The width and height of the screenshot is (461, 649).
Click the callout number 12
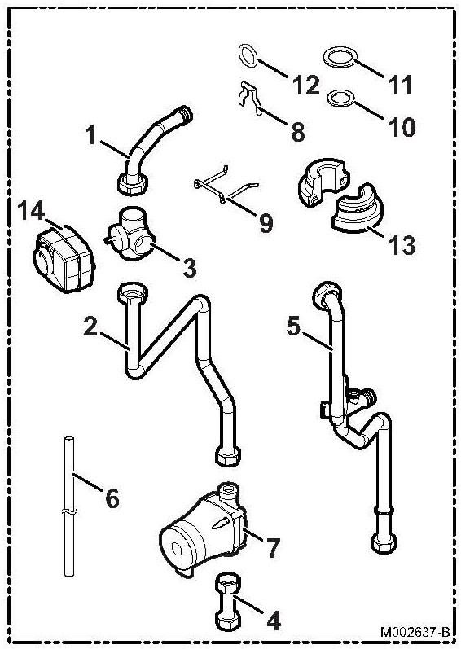[305, 85]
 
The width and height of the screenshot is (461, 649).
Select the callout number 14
[31, 211]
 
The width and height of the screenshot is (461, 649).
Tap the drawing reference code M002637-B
[415, 632]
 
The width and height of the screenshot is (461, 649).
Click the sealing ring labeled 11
[339, 57]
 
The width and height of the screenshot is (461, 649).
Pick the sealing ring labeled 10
[341, 99]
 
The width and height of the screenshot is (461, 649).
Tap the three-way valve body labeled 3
[130, 234]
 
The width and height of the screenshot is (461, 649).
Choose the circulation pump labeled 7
[204, 530]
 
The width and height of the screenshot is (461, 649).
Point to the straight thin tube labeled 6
[69, 506]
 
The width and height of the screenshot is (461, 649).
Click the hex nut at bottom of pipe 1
[133, 185]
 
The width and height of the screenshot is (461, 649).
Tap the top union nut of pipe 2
[133, 294]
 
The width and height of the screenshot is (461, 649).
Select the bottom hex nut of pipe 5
[384, 542]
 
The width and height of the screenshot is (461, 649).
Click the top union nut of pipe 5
[326, 294]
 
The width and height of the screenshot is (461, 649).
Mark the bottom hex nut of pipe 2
[228, 456]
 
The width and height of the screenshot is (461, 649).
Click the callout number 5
[293, 327]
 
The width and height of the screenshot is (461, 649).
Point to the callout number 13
[402, 244]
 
